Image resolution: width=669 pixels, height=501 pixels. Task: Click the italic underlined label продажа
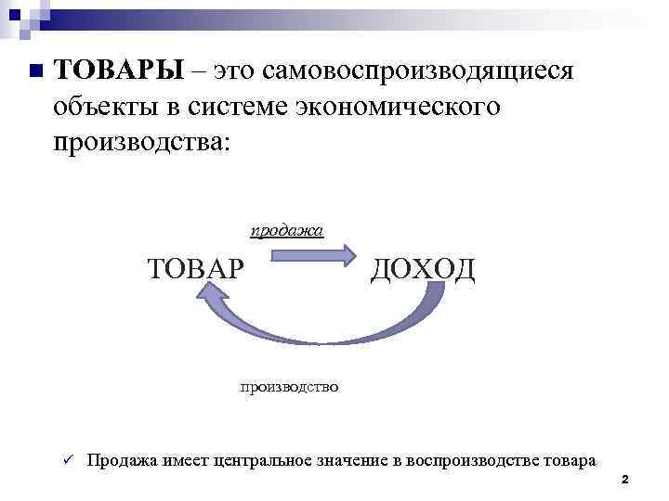click(x=287, y=229)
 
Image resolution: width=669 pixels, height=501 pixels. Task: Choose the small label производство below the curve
click(x=289, y=384)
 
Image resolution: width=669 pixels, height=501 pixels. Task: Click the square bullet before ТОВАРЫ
click(x=34, y=71)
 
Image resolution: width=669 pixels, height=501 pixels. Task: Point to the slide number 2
click(x=624, y=480)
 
